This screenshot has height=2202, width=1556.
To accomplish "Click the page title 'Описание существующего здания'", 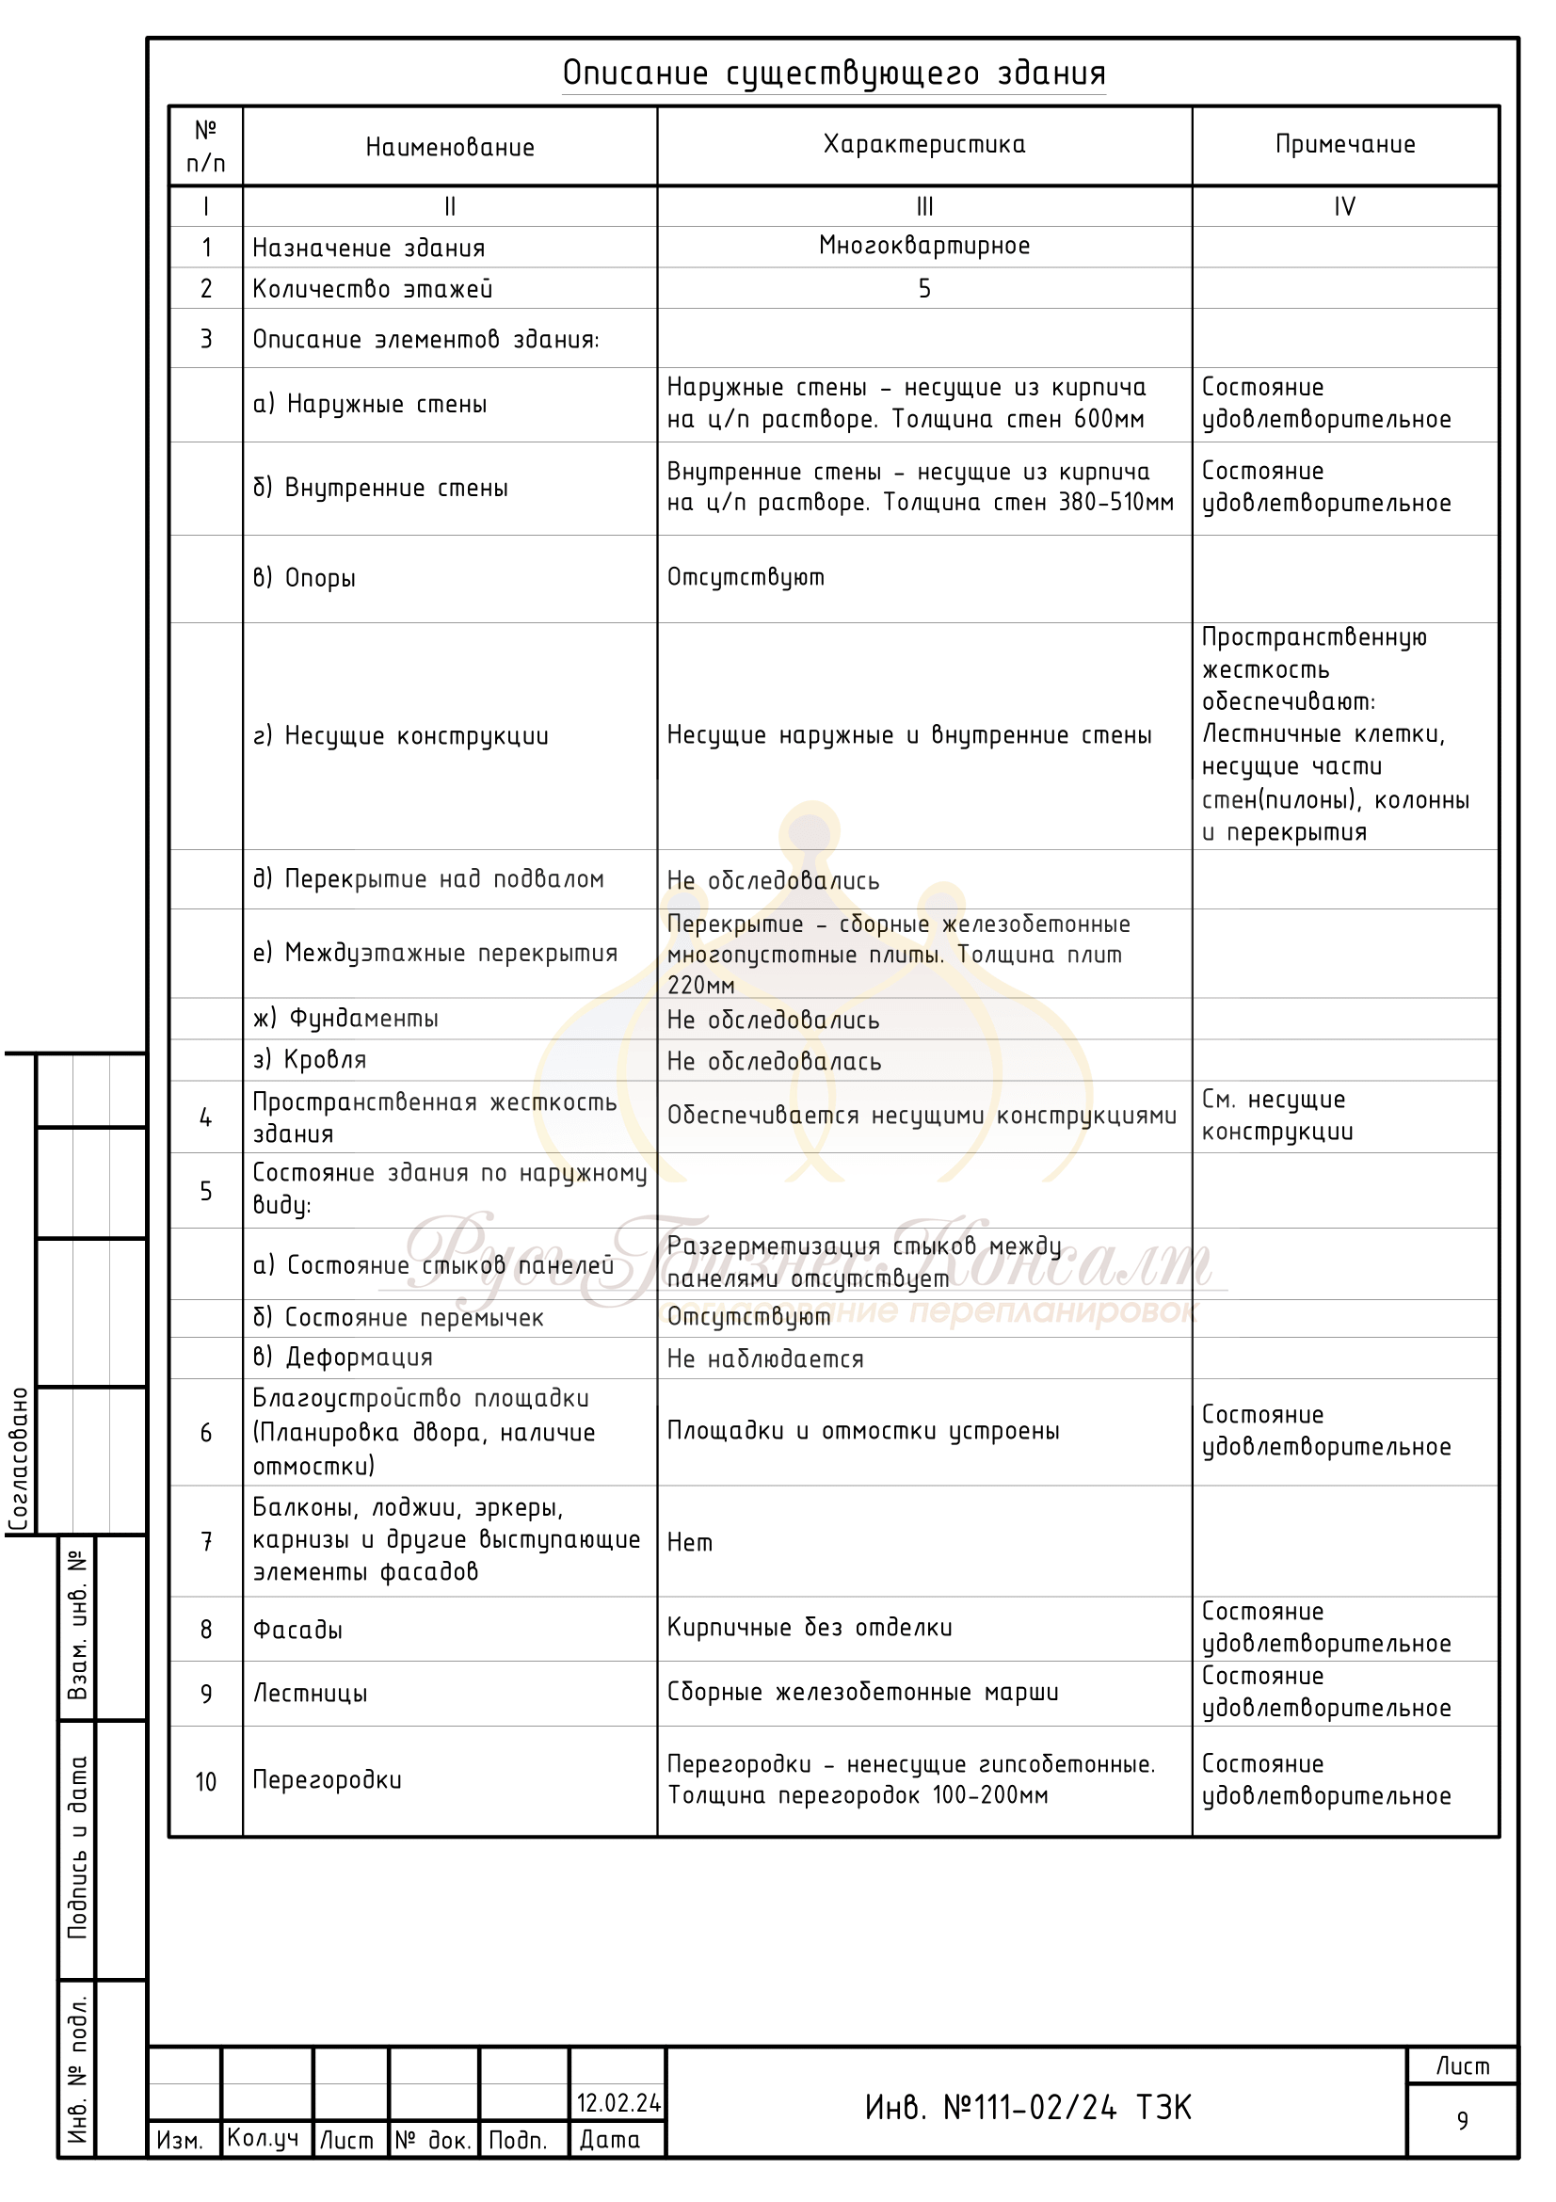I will coord(834,72).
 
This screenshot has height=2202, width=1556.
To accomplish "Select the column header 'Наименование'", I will coord(450,148).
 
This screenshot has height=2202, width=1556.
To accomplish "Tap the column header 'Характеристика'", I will coord(924,145).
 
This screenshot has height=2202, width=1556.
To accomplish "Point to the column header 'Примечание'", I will coord(1345,145).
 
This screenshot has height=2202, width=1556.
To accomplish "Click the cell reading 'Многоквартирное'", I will coord(924,246).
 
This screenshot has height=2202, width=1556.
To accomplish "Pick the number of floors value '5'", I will coord(924,289).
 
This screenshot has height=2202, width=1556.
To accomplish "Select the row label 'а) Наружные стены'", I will coord(369,405).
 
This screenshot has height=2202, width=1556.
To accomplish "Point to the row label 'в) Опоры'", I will coord(304,578).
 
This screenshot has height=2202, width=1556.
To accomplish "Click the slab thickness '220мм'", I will coord(701,985).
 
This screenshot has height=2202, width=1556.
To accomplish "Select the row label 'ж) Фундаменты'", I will coord(345,1019).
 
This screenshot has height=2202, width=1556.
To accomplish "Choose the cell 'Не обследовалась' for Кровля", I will coord(774,1062).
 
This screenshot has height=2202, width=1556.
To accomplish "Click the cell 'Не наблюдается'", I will coord(765,1359).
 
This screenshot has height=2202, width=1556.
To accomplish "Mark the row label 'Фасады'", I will coord(297,1631).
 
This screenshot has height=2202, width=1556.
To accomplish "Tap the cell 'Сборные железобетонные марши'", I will coord(863,1693).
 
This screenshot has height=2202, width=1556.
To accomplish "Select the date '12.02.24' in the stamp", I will coord(618,2103).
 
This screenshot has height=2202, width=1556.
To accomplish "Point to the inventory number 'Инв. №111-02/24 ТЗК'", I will coord(1028,2108).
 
